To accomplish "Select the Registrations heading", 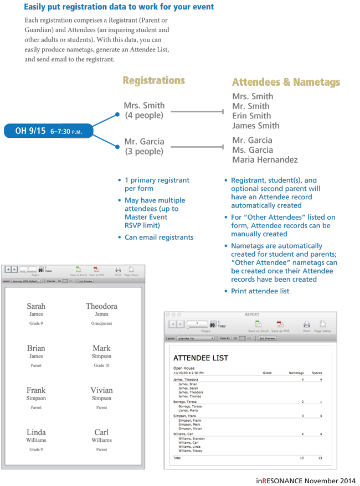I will tap(153, 81).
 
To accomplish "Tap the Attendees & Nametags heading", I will tap(286, 82).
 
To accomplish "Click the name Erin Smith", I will tap(251, 116).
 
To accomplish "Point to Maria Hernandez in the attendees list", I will tap(265, 160).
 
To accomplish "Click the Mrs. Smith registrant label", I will tap(144, 105).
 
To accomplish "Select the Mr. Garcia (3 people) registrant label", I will tap(144, 146).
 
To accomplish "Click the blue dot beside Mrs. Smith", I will tap(117, 115).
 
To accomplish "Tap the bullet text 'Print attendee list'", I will tap(260, 291).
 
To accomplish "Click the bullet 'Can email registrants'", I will tap(159, 237).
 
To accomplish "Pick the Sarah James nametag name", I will tap(36, 306).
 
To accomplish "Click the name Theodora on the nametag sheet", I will tap(101, 306).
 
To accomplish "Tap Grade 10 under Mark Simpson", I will tap(101, 365).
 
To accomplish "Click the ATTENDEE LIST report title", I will tap(200, 358).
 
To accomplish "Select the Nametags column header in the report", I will tap(296, 373).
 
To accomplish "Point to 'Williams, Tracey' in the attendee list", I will tap(190, 451).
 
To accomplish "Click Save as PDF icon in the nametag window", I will tap(96, 270).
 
